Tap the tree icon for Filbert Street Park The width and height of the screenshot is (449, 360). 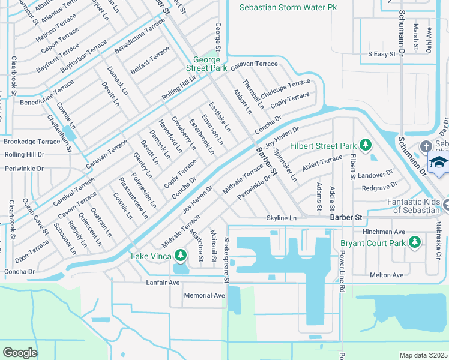tap(365, 145)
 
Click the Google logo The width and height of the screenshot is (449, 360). tap(20, 352)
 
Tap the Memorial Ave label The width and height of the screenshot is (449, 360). tap(204, 295)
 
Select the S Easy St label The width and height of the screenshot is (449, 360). tap(382, 54)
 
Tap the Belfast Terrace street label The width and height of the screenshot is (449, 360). tap(150, 61)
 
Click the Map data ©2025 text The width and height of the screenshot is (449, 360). tap(423, 355)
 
